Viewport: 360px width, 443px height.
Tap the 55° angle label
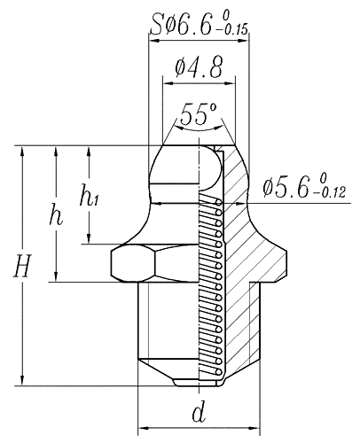tap(198, 114)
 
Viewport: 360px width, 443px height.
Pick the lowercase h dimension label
tap(56, 216)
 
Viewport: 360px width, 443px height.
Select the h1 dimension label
tap(90, 198)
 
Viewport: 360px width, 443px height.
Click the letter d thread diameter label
tap(200, 412)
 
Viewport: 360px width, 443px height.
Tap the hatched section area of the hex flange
tap(257, 257)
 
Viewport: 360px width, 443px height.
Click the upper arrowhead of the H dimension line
tap(23, 152)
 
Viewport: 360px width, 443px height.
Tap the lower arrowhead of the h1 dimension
tap(89, 237)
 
